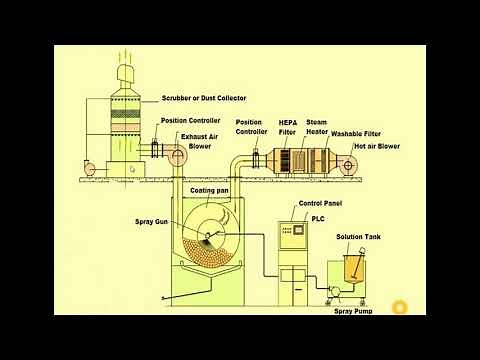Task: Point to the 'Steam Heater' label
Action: click(318, 127)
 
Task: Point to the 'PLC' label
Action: click(318, 217)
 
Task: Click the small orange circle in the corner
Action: click(400, 307)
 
